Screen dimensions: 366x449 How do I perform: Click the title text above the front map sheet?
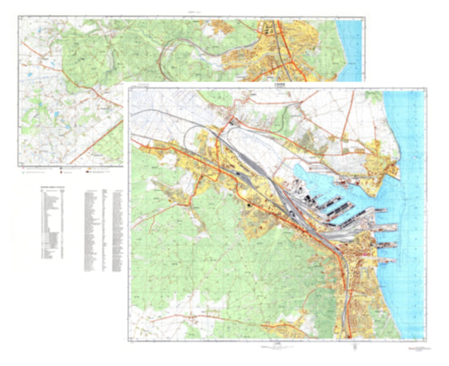(x=274, y=85)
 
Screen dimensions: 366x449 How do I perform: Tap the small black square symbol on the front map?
(x=249, y=205)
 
